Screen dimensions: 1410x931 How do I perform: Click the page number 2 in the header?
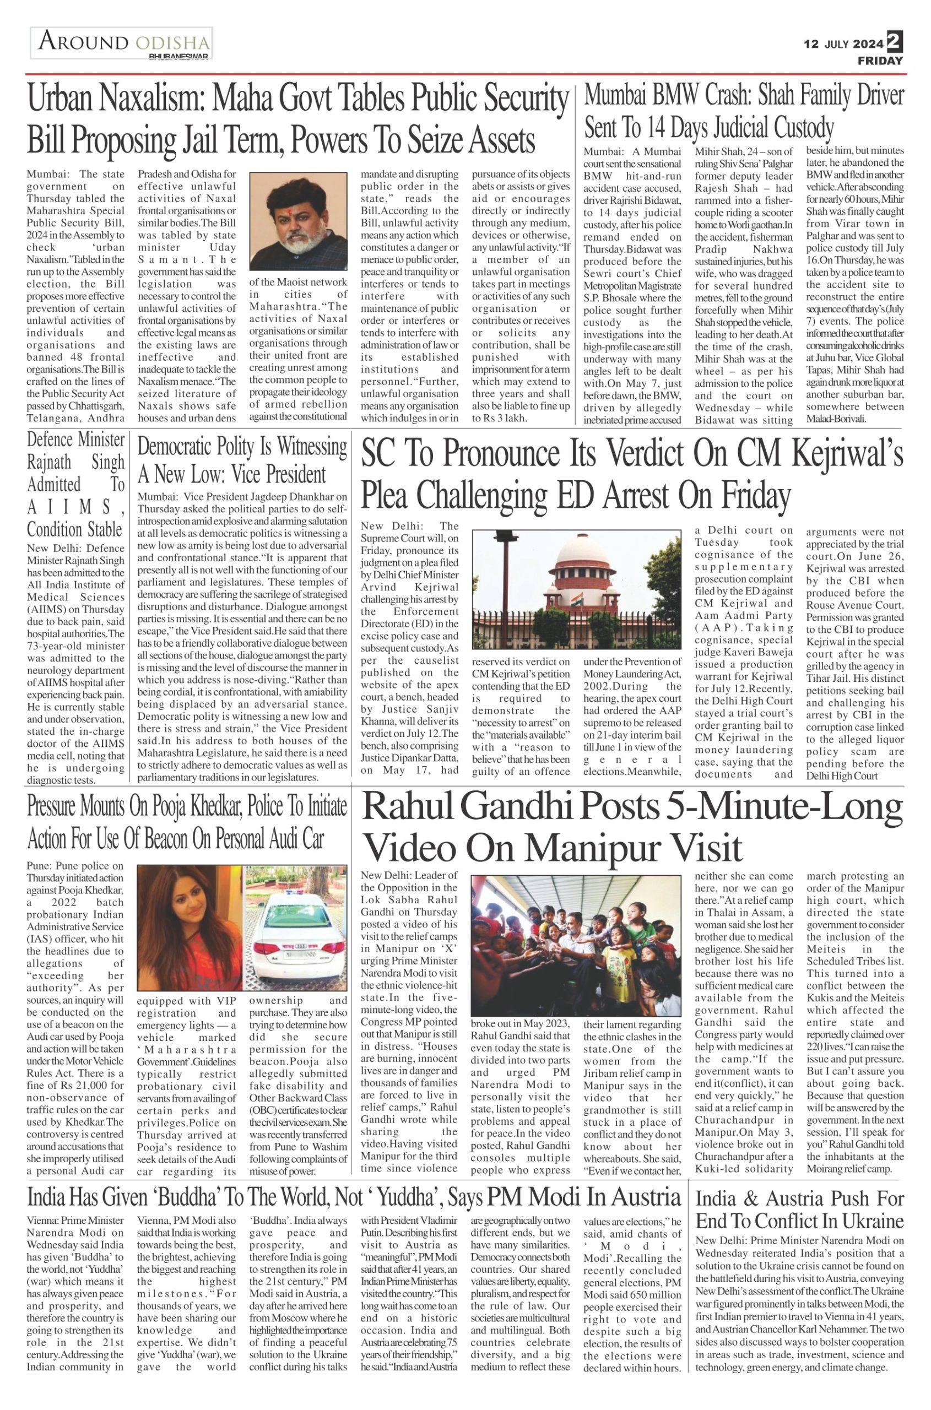(x=894, y=41)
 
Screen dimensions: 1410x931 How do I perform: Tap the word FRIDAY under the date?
(x=880, y=61)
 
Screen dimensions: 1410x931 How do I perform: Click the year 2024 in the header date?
(x=868, y=44)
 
